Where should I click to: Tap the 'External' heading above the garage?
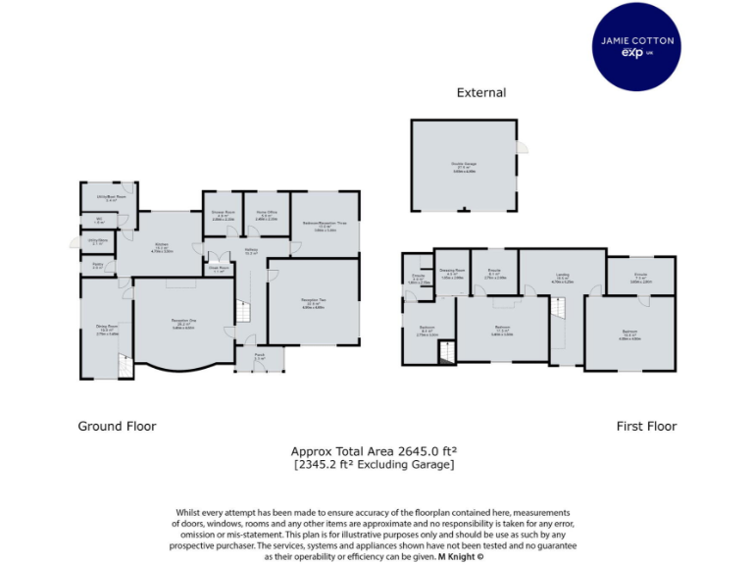481,92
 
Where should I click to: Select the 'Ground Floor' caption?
117,426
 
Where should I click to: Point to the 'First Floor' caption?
646,426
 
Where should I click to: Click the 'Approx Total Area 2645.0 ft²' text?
374,451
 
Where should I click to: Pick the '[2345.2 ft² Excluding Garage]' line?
374,464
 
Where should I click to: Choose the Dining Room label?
106,329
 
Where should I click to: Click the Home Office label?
267,215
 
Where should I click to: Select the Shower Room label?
223,215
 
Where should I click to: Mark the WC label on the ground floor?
98,221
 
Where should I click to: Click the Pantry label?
97,265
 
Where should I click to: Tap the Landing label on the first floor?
562,278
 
